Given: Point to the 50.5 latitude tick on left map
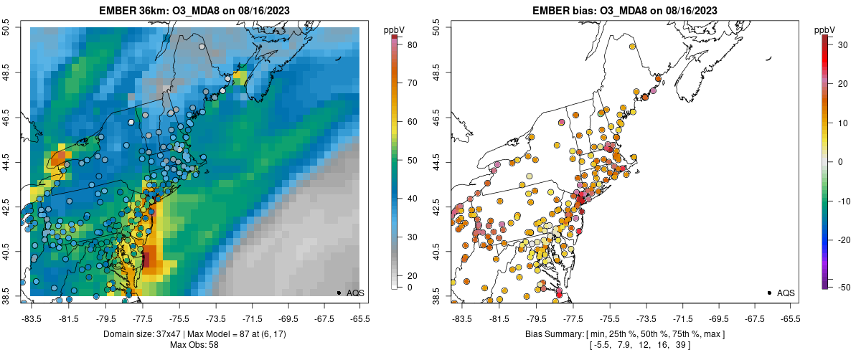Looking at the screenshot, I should (x=9, y=28).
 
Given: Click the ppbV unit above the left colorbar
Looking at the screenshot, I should (x=394, y=29).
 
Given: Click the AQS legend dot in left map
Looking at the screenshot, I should (x=338, y=293).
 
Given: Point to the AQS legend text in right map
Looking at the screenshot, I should (x=786, y=293).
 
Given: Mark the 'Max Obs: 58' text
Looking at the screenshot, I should (x=194, y=345).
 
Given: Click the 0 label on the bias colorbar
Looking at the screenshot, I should (x=842, y=161).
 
